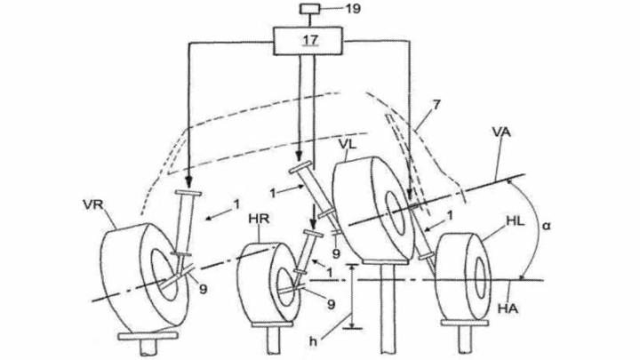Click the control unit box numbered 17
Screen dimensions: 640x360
click(x=308, y=41)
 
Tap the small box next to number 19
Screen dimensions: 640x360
click(x=310, y=8)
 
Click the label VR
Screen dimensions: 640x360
click(x=93, y=204)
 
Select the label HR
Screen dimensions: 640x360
click(x=260, y=219)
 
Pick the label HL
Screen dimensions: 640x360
click(x=515, y=222)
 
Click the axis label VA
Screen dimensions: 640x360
click(x=501, y=132)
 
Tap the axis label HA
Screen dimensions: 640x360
click(x=508, y=308)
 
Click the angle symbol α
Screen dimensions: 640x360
click(x=546, y=225)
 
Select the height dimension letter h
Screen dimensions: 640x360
click(x=313, y=341)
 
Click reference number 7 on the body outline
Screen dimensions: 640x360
click(x=436, y=105)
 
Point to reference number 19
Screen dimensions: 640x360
click(x=353, y=9)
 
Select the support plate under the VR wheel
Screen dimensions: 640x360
click(x=148, y=336)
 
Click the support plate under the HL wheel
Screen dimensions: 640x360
click(x=465, y=323)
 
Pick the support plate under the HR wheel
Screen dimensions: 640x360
click(x=272, y=324)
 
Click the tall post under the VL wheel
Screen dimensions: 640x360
click(x=388, y=309)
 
